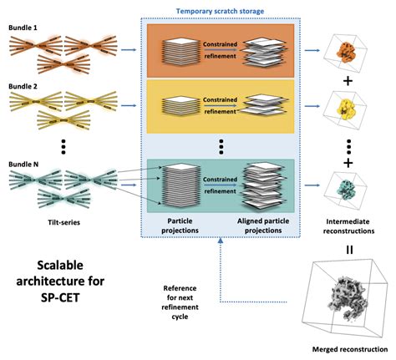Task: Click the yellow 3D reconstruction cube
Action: pos(346,108)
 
